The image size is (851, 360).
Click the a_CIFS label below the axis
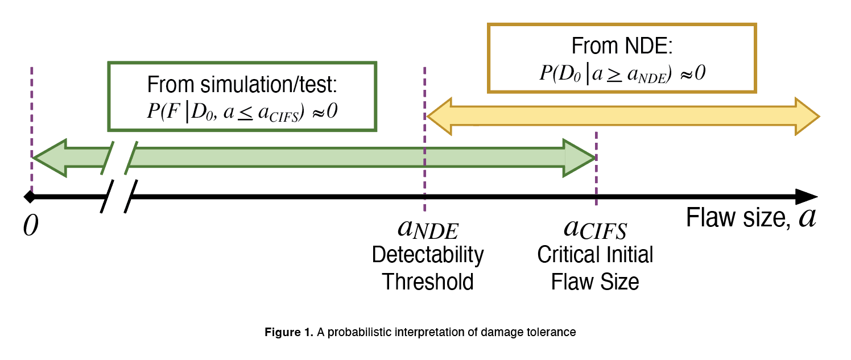coord(595,229)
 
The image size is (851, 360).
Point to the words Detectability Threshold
coord(428,268)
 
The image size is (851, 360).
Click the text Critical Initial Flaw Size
coord(595,268)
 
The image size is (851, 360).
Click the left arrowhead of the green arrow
coord(49,158)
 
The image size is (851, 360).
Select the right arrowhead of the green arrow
coord(579,158)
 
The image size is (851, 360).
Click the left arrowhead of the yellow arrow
coord(439,117)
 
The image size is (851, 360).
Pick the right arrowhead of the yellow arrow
coord(807,117)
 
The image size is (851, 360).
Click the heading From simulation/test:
coord(242,85)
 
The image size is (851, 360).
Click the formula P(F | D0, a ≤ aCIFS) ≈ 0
coord(242,111)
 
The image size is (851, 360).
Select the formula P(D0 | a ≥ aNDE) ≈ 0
coord(622,73)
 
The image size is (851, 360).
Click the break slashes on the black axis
coord(119,197)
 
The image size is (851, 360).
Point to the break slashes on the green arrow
coord(120,158)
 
